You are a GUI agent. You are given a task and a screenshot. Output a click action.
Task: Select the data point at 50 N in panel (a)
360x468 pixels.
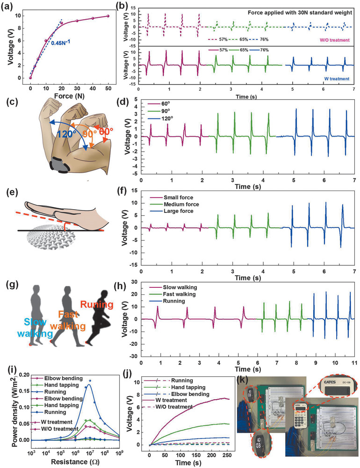point(108,16)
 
